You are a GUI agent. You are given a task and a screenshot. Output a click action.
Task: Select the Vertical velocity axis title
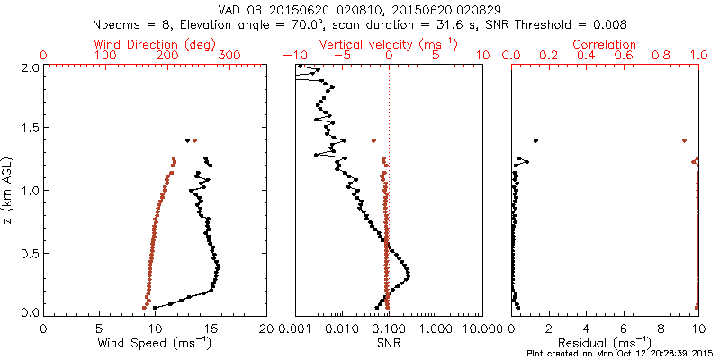click(389, 43)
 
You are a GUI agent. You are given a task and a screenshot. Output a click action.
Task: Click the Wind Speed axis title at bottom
click(156, 343)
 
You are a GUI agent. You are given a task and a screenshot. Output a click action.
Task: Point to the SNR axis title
click(389, 343)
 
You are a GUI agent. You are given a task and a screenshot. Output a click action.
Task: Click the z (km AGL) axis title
click(8, 189)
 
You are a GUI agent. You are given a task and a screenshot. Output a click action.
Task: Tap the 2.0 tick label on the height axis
click(30, 67)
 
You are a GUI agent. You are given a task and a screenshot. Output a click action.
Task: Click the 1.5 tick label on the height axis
click(30, 129)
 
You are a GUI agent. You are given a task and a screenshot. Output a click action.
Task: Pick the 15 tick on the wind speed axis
click(211, 329)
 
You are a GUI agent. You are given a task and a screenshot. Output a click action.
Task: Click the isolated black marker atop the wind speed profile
click(187, 140)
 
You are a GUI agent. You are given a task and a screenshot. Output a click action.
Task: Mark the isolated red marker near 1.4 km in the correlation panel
click(684, 140)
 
